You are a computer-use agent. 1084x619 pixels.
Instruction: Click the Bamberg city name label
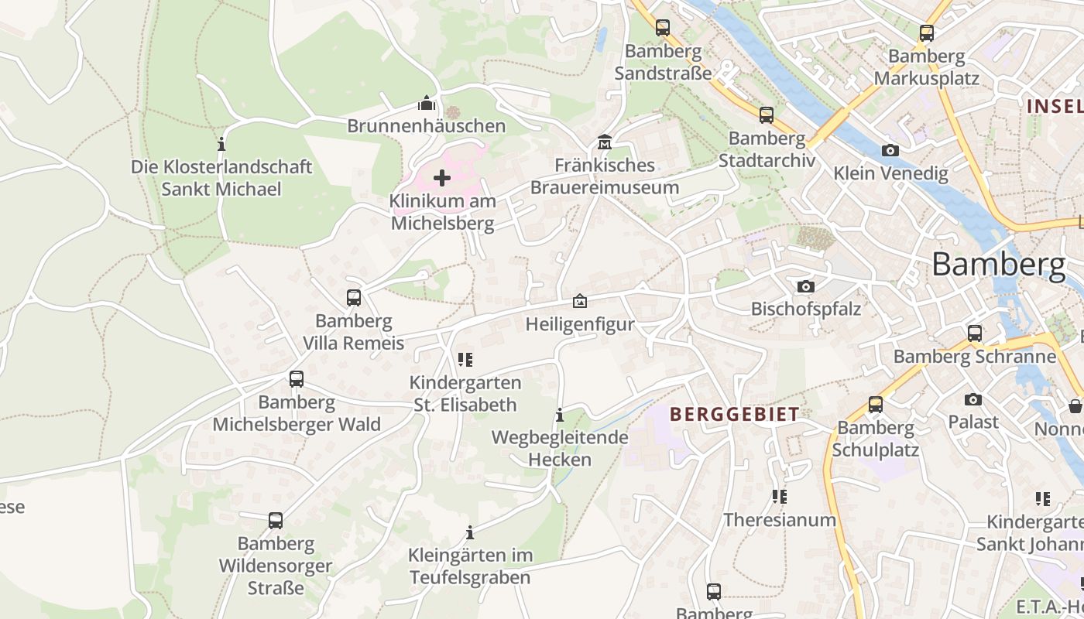coord(998,265)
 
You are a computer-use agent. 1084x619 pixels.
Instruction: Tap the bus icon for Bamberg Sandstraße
coord(663,28)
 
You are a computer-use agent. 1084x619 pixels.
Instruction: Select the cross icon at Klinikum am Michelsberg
coord(442,179)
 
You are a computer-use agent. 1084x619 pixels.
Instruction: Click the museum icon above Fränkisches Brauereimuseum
coord(605,142)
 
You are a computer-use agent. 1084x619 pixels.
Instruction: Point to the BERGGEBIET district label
coord(734,414)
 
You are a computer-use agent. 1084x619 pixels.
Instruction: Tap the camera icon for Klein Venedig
coord(890,150)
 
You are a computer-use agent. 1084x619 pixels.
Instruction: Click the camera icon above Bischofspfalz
coord(806,286)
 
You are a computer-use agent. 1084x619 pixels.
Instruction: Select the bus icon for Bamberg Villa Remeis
coord(354,298)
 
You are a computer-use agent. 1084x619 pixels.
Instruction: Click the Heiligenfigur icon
coord(579,301)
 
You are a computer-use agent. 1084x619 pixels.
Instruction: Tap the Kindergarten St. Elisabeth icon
coord(465,360)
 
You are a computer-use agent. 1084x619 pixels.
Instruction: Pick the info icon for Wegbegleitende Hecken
coord(560,416)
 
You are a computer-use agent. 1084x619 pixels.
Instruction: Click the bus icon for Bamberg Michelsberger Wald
coord(297,379)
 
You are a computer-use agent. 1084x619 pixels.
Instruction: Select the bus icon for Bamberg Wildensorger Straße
coord(276,521)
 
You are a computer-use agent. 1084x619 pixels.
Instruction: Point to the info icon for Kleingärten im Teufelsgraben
coord(470,532)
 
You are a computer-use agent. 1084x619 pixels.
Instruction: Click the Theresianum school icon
coord(780,496)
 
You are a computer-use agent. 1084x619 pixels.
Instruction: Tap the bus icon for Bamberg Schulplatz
coord(876,405)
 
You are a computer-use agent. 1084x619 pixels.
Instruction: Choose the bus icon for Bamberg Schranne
coord(975,333)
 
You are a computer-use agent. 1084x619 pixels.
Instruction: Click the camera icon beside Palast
coord(973,399)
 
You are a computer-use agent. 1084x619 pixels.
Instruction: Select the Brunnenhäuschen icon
coord(426,103)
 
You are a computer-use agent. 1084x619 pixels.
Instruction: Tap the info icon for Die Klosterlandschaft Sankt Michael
coord(221,144)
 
